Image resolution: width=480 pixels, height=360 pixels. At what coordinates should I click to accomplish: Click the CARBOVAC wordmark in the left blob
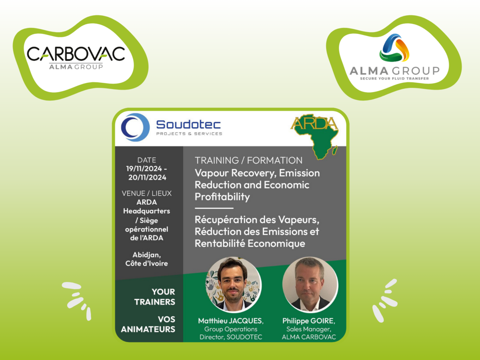click(x=76, y=54)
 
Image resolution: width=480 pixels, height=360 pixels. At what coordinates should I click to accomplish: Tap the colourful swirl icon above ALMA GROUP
click(x=394, y=48)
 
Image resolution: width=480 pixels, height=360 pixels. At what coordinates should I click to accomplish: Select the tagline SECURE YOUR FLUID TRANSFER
click(x=394, y=78)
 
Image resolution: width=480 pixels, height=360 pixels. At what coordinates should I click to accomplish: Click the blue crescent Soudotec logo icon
click(x=135, y=127)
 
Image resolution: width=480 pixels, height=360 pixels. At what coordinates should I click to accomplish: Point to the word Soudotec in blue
click(x=188, y=124)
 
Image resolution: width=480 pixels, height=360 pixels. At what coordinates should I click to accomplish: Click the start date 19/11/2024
click(x=144, y=168)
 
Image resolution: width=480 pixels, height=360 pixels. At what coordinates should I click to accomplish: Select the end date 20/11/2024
click(x=147, y=177)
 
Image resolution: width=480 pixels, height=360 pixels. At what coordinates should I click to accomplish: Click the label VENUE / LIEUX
click(x=146, y=193)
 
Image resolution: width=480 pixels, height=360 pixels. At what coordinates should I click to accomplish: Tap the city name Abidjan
click(x=146, y=255)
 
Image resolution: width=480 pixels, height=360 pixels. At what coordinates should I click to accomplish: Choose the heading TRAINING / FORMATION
click(x=249, y=160)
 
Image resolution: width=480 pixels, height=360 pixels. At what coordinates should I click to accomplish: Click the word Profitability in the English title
click(x=222, y=196)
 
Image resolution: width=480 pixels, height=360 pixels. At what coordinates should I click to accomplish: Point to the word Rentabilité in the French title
click(x=220, y=243)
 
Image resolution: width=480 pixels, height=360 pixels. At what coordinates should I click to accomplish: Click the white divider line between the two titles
click(x=214, y=208)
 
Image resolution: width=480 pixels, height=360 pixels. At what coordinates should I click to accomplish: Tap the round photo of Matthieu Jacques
click(x=233, y=284)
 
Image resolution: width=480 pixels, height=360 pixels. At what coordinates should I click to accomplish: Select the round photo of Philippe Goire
click(x=310, y=284)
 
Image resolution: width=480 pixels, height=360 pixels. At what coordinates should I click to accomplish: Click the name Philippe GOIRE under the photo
click(x=308, y=321)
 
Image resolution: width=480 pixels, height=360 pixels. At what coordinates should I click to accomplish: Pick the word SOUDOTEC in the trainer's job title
click(x=244, y=337)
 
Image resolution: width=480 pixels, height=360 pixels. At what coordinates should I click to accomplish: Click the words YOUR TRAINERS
click(x=155, y=297)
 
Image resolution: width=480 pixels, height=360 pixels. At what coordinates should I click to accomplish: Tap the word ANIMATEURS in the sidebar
click(x=148, y=329)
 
